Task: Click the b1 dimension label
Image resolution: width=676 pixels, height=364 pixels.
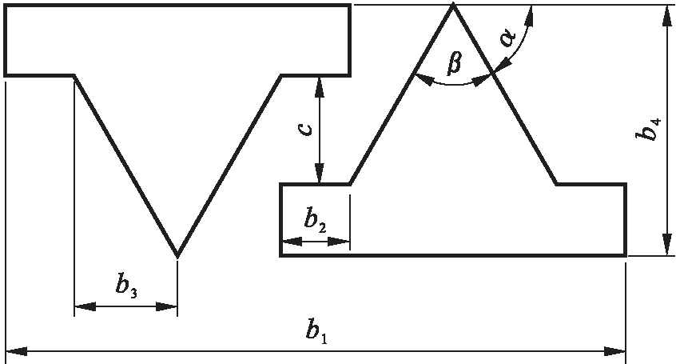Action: pos(318,330)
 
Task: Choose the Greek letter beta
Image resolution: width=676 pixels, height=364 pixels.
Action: pos(454,61)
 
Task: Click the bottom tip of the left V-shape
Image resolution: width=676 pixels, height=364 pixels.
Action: pos(177,256)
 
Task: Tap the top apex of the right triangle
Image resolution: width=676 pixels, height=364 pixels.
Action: pos(453,6)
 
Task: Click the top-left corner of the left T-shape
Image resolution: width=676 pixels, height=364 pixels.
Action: pos(6,6)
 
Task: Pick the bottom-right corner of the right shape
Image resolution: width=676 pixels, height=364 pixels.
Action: pos(625,255)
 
